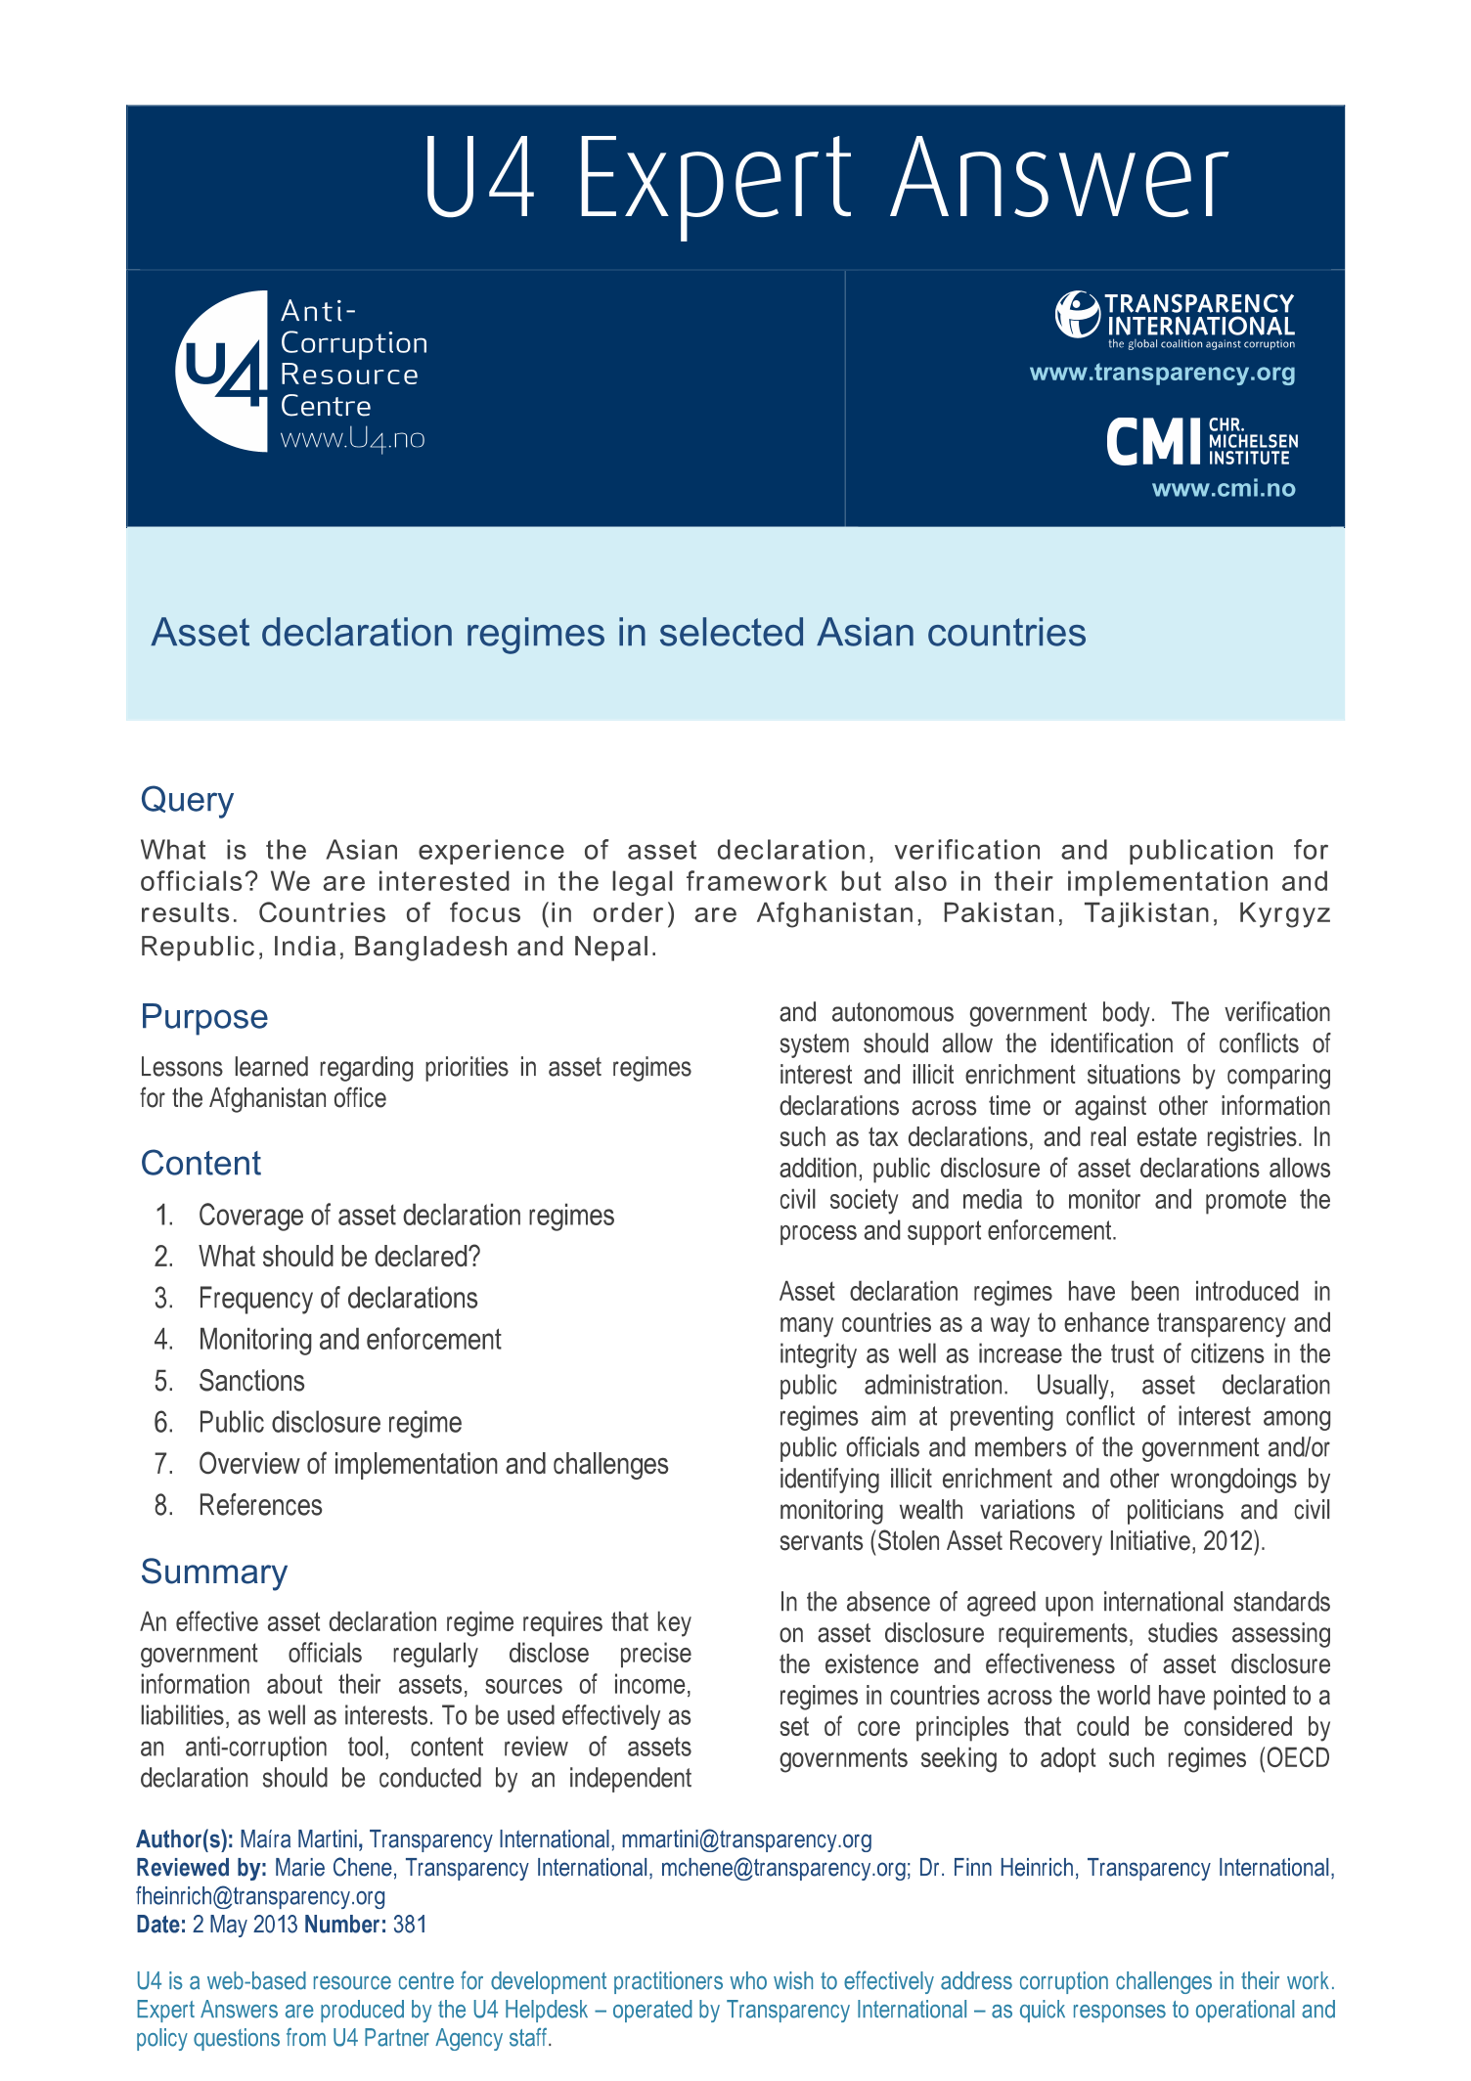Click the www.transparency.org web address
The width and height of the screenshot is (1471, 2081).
pos(1162,373)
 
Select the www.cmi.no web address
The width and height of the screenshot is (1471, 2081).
pos(1223,489)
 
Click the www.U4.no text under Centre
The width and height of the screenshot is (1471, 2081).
pos(352,439)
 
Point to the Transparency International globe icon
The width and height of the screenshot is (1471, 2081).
pos(1077,315)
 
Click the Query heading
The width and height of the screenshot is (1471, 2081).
pos(187,800)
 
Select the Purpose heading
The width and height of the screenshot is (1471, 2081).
pos(203,1017)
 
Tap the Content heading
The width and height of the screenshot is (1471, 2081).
pos(201,1164)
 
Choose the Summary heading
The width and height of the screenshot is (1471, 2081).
pos(213,1572)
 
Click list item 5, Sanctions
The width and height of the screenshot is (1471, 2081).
pos(251,1381)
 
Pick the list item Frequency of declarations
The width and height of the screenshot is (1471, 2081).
pos(337,1299)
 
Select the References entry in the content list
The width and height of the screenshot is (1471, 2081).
pos(260,1505)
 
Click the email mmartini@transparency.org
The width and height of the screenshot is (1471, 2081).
pos(746,1839)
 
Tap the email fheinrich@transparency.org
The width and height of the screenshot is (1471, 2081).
pos(260,1896)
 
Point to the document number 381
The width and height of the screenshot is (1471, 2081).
pos(410,1925)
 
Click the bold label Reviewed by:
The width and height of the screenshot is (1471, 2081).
pos(201,1868)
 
